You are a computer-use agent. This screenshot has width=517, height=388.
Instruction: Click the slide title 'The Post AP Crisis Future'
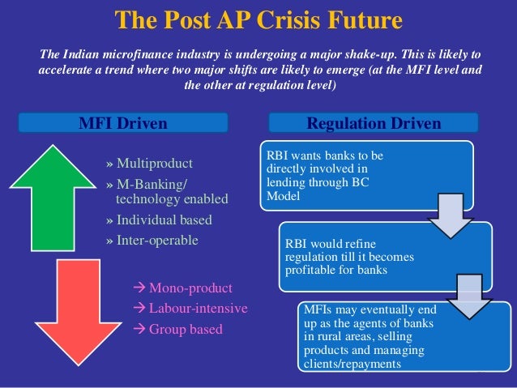[x=258, y=19]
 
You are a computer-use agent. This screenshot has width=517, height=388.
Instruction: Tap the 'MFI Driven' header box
[x=123, y=123]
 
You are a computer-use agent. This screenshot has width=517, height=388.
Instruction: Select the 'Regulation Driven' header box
[x=374, y=123]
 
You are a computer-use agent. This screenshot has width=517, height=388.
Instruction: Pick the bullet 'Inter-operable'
[x=156, y=240]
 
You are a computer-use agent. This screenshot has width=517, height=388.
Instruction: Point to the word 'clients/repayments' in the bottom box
[x=352, y=364]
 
